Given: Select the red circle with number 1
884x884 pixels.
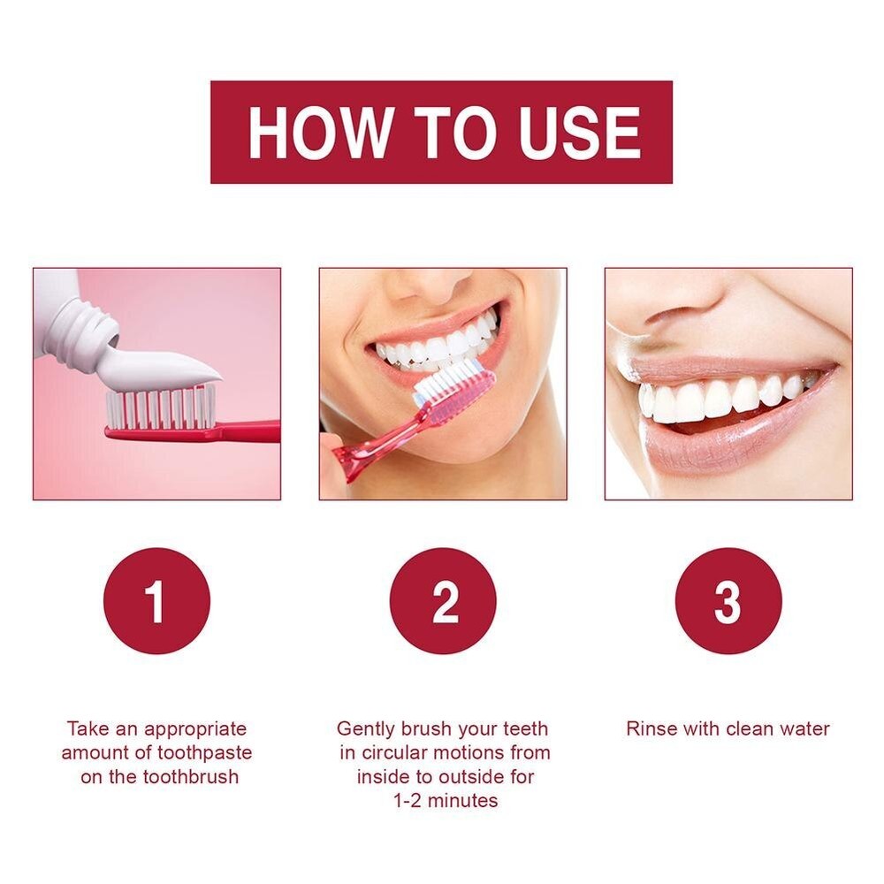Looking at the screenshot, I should click(156, 601).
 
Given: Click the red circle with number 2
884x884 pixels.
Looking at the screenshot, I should click(443, 601).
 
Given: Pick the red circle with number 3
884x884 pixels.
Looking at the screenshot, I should click(728, 601).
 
